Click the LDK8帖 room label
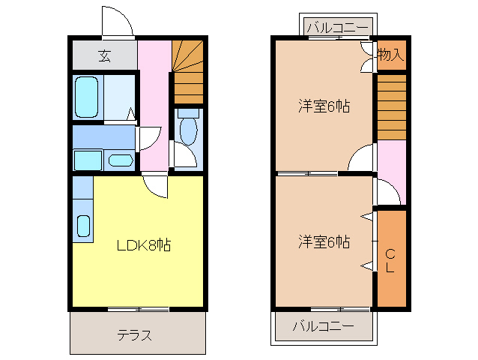click(143, 245)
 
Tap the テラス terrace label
click(135, 334)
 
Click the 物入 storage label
click(390, 54)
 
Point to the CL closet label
click(390, 259)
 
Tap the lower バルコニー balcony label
click(323, 326)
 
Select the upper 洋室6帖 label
click(323, 106)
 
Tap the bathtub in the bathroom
click(87, 96)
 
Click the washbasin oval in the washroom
click(120, 160)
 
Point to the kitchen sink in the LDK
click(83, 225)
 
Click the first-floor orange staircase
click(187, 71)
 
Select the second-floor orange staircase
click(390, 105)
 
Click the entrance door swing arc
click(118, 21)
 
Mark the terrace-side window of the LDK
click(138, 308)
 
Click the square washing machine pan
click(88, 160)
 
